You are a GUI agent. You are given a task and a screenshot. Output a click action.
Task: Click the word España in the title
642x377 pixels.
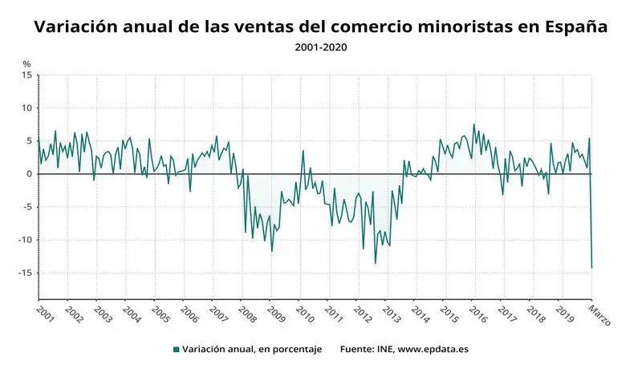point(573,27)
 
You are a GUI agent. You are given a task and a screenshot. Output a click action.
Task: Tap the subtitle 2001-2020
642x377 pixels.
point(321,47)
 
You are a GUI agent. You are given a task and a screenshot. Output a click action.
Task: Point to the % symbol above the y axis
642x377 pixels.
point(26,64)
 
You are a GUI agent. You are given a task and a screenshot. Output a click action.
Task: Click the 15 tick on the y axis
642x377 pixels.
point(26,75)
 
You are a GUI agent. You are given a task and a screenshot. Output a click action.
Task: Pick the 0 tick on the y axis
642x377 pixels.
point(29,174)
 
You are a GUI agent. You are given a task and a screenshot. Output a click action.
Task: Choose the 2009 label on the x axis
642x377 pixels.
point(275,314)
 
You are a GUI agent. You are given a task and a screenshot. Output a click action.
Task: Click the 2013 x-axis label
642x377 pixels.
point(391,314)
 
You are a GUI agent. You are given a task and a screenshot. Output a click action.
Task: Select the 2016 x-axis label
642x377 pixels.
point(478,314)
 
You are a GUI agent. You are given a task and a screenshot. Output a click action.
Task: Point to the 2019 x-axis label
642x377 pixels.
point(565,314)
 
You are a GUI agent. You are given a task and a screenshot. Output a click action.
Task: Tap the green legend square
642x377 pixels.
point(176,350)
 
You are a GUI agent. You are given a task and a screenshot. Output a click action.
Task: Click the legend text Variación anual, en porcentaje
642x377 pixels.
point(252,350)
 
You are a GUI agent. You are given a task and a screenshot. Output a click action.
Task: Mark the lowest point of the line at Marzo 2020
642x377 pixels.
point(592,268)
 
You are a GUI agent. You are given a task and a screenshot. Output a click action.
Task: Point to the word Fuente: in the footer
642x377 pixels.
point(358,350)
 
